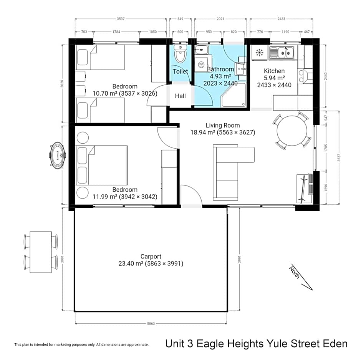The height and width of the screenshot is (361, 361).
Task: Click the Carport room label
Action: tap(151, 257)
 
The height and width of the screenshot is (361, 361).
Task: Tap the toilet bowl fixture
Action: tap(180, 55)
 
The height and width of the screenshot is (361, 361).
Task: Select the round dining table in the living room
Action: tap(292, 131)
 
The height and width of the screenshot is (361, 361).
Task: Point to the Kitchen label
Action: tap(274, 71)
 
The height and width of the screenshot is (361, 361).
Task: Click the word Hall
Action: tap(180, 96)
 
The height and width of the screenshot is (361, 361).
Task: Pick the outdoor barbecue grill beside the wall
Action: tap(58, 155)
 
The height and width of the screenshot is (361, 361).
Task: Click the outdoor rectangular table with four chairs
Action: tap(41, 252)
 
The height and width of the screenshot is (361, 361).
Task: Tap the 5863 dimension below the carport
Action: tap(151, 324)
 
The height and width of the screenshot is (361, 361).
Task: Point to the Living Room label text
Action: tap(222, 125)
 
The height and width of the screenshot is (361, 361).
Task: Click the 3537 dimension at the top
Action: tap(120, 18)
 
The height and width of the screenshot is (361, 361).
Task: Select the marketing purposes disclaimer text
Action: tap(81, 344)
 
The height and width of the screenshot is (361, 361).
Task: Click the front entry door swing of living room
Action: tap(191, 196)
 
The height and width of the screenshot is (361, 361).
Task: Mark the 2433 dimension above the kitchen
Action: tap(281, 18)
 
